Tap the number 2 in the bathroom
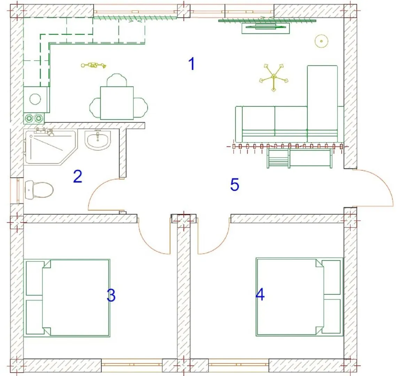(78, 176)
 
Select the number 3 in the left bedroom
(111, 295)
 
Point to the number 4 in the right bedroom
(260, 294)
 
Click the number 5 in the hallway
(235, 185)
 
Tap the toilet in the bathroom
(39, 189)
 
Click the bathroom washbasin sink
(98, 140)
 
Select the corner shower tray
(50, 147)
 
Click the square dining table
(117, 103)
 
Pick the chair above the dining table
(117, 80)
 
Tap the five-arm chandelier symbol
(274, 78)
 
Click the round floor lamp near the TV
(321, 41)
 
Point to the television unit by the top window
(265, 28)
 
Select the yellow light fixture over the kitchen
(94, 65)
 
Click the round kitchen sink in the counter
(35, 99)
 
